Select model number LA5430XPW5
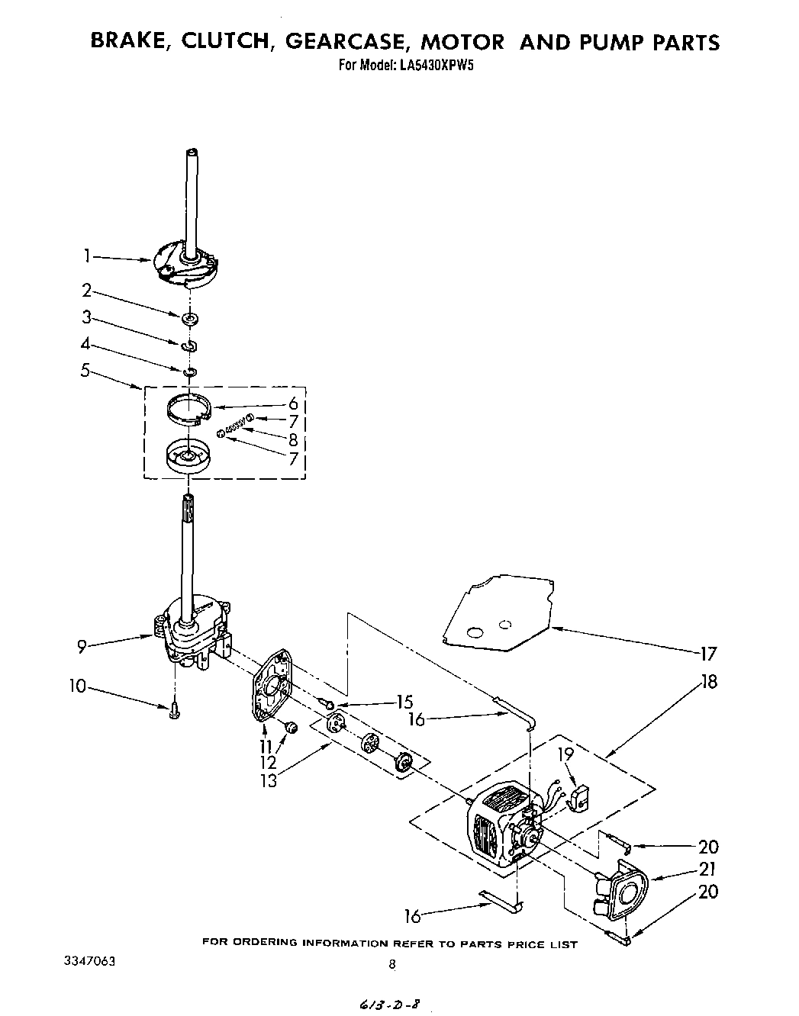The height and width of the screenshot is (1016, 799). tap(435, 66)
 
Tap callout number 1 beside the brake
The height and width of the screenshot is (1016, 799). tap(89, 256)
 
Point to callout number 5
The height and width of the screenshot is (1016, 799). tap(85, 371)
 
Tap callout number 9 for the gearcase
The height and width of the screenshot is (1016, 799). tap(82, 647)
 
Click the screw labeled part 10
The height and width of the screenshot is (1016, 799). tap(175, 710)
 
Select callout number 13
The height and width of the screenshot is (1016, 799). tap(269, 779)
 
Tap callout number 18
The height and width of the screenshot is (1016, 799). tap(709, 681)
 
